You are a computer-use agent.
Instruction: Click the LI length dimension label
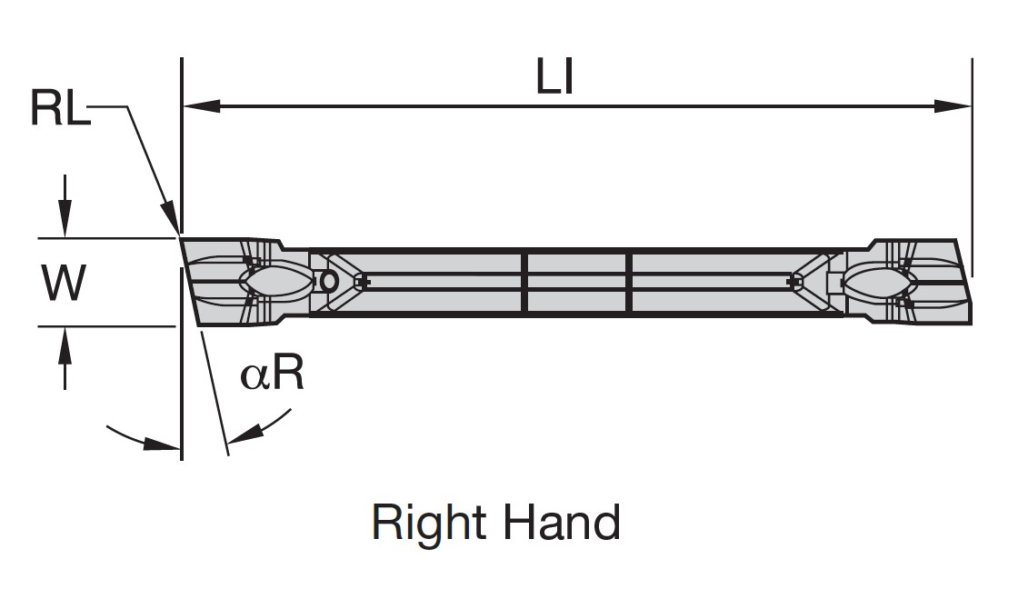point(554,79)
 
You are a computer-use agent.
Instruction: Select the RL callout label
point(60,108)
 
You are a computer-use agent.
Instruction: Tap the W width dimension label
point(64,283)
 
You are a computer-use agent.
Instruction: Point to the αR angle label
point(272,374)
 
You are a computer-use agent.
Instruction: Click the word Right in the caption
point(430,524)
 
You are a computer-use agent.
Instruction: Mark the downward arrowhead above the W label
point(63,224)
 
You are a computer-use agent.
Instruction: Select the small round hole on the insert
point(329,282)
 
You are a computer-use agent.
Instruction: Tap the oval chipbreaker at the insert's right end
point(878,281)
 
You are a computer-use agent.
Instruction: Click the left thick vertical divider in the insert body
point(524,283)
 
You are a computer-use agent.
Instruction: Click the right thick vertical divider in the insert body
point(629,283)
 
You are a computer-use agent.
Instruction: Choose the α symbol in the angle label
point(255,375)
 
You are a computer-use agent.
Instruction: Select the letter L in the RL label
point(76,108)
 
